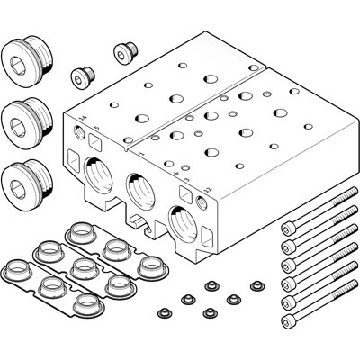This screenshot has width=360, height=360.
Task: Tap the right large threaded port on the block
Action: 180,220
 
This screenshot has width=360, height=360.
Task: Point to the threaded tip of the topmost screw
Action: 345,200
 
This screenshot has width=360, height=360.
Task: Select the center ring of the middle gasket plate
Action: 80,266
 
